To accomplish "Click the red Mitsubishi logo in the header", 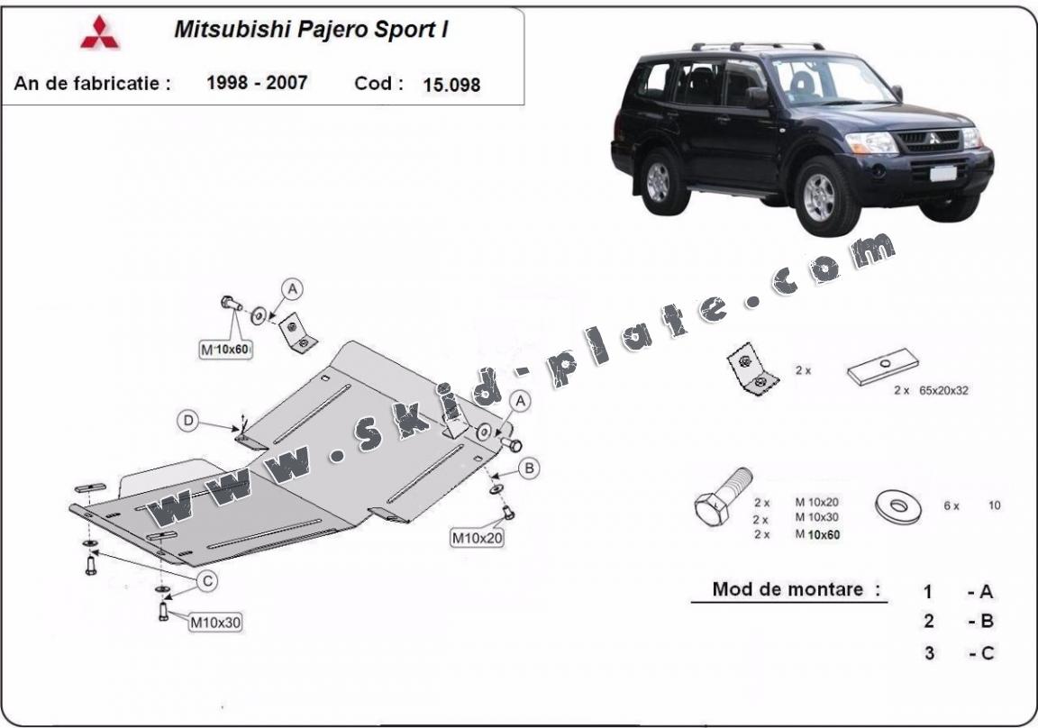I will point(100,33).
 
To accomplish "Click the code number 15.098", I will point(451,85).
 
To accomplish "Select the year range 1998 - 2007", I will point(257,83).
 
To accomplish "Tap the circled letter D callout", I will point(188,421).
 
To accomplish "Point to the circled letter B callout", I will point(530,467).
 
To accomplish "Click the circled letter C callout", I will point(207,582).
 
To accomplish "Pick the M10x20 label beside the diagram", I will point(477,539).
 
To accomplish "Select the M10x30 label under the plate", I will point(214,621).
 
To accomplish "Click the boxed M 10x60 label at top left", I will point(224,349).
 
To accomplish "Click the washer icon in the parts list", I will point(897,507).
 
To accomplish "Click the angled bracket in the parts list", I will point(750,369).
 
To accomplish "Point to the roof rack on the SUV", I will point(757,46).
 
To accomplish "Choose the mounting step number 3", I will point(928,653).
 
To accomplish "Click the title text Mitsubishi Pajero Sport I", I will point(311,29).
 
